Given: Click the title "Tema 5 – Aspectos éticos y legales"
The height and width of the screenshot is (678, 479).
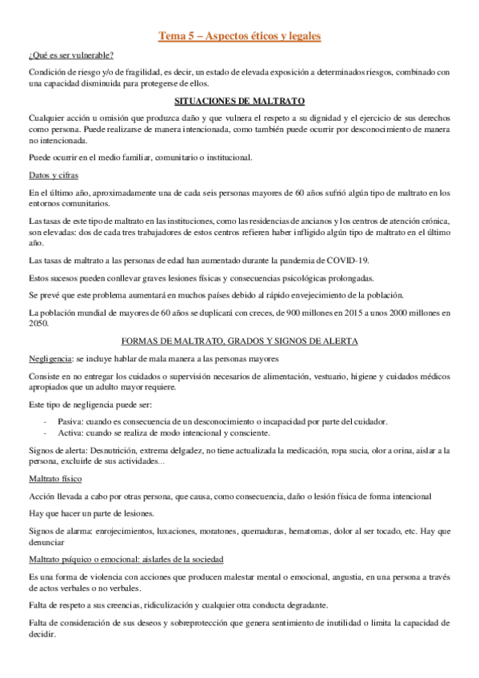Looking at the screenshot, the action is [239, 36].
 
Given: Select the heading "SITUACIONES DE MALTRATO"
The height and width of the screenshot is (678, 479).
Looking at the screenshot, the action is [239, 102].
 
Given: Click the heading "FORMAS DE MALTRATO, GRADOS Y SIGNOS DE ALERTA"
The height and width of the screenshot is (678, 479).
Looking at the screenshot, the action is [239, 341].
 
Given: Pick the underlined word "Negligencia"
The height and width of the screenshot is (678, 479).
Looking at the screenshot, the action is [50, 359].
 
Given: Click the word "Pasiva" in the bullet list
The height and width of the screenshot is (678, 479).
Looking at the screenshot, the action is [70, 421].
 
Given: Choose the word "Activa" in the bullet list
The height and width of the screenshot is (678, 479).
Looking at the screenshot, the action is [70, 433].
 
